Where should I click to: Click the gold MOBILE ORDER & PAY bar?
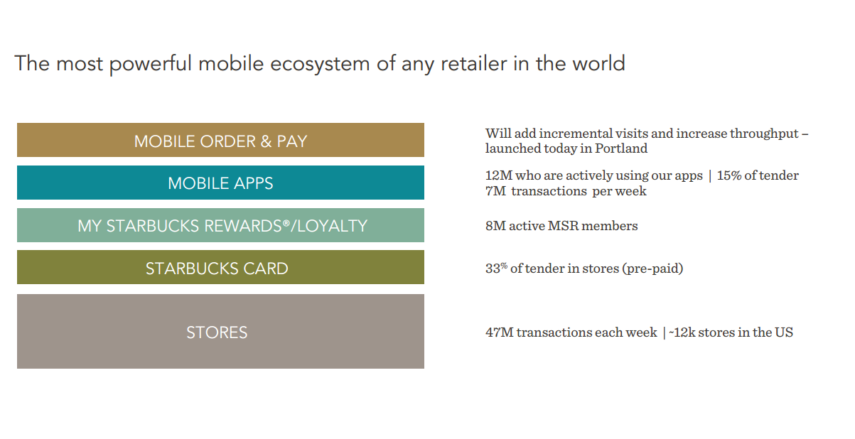click(x=220, y=140)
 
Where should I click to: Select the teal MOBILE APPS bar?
click(x=220, y=183)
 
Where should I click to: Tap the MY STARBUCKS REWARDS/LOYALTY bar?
click(x=220, y=225)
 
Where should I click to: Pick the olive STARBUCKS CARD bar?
click(x=220, y=267)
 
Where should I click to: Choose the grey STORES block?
click(x=220, y=331)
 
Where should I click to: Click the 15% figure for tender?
click(x=729, y=175)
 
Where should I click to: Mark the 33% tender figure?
click(x=496, y=268)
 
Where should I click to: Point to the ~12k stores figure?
click(x=682, y=332)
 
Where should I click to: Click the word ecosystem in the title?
click(x=320, y=64)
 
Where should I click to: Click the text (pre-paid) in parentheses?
click(x=652, y=269)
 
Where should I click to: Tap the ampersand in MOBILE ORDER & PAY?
click(x=266, y=141)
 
